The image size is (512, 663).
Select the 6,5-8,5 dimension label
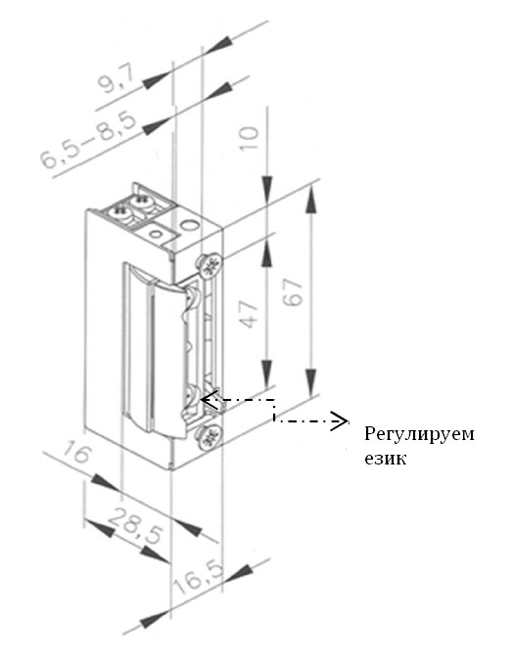click(x=88, y=140)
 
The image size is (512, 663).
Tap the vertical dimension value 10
click(x=250, y=138)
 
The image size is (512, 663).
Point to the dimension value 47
click(x=250, y=314)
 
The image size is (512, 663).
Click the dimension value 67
click(x=294, y=291)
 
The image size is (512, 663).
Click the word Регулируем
click(x=419, y=435)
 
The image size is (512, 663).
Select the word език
click(x=386, y=459)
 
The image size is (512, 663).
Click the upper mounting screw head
click(x=209, y=265)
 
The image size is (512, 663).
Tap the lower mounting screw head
click(x=209, y=437)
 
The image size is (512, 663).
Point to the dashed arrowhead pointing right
click(x=340, y=420)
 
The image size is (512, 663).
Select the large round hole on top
click(x=189, y=224)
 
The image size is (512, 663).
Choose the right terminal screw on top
click(x=143, y=200)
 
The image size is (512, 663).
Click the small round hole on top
click(x=157, y=234)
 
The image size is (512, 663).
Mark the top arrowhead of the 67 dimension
click(x=311, y=198)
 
